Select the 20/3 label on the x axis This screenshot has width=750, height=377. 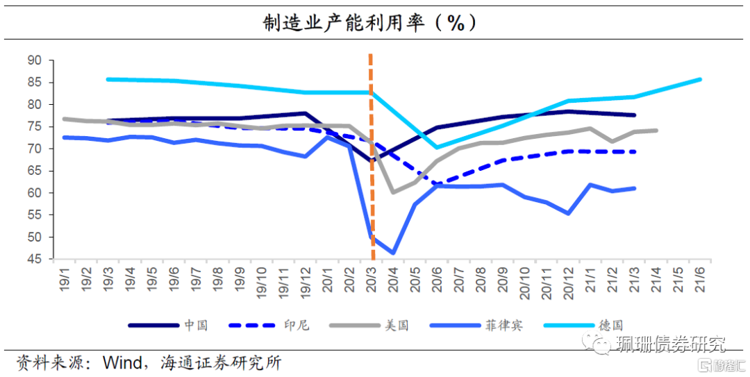[372, 278]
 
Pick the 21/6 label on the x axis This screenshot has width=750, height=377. [699, 278]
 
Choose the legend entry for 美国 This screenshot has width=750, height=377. [397, 325]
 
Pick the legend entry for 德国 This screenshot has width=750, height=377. [610, 325]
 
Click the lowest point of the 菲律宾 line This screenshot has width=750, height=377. [393, 253]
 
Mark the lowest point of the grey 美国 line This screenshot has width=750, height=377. [393, 192]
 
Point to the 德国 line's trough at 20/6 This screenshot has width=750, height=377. [437, 147]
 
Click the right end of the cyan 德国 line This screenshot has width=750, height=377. [699, 79]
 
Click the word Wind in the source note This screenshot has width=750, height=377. [121, 363]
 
